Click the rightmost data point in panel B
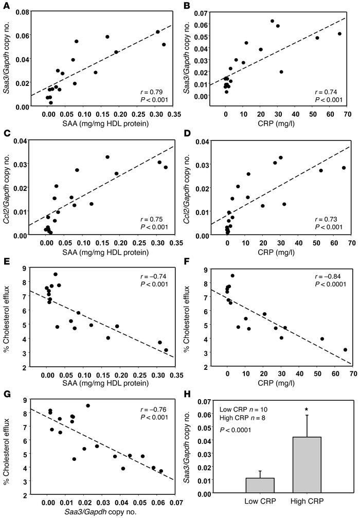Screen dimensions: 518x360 point(339,34)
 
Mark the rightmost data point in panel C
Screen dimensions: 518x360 point(166,167)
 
